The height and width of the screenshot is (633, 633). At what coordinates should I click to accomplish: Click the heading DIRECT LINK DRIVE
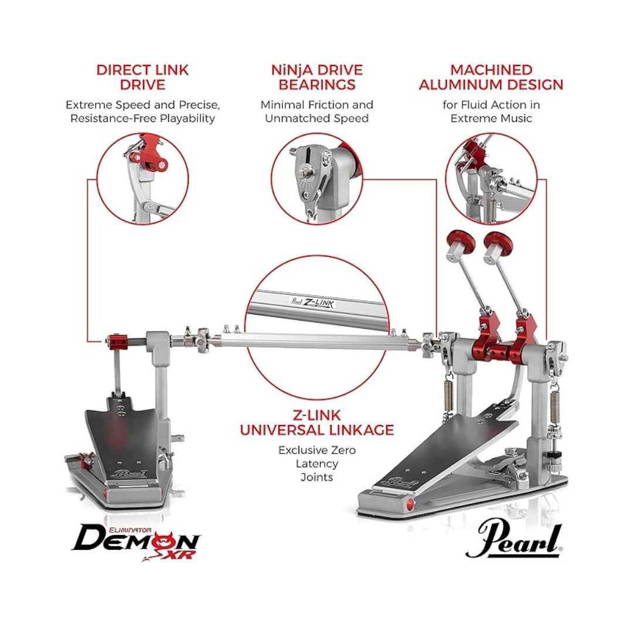click(x=142, y=77)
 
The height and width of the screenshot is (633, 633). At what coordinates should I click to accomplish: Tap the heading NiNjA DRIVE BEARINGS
click(x=317, y=77)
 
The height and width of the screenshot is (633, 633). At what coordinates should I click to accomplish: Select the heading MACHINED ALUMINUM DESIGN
click(x=491, y=77)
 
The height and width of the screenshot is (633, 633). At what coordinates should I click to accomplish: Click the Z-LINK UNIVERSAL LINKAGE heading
click(x=317, y=422)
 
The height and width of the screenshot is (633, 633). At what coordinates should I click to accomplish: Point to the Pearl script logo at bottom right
click(x=514, y=541)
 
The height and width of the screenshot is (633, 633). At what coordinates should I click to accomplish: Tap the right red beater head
click(x=498, y=242)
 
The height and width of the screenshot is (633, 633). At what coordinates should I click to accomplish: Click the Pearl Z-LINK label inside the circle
click(x=312, y=302)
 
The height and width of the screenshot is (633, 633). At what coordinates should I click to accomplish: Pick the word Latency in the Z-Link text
click(x=317, y=464)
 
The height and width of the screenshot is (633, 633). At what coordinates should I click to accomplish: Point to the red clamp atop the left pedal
click(x=117, y=342)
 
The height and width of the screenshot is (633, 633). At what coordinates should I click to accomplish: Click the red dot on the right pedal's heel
click(x=410, y=503)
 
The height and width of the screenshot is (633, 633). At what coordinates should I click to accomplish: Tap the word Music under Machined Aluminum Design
click(x=516, y=118)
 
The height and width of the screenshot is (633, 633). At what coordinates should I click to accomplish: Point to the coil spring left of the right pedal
click(x=448, y=397)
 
